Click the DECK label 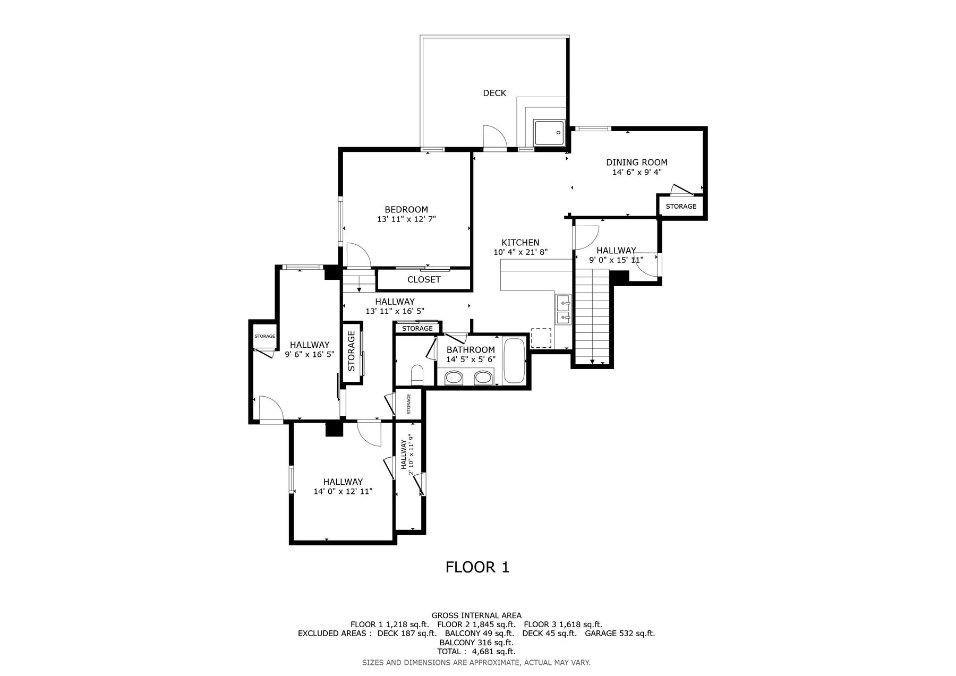(494, 93)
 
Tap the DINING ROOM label (637, 162)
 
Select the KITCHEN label (520, 243)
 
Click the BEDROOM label (406, 210)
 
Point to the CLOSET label (424, 279)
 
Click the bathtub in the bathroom (514, 361)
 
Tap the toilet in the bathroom (417, 374)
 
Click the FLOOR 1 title (477, 567)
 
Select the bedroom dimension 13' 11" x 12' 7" (406, 219)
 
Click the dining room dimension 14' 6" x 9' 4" (637, 172)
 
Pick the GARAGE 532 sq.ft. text (620, 633)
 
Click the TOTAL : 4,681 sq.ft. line (476, 652)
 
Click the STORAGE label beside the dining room (681, 206)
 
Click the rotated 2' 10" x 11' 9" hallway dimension (407, 455)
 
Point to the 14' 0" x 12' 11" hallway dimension (343, 492)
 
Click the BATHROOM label (471, 350)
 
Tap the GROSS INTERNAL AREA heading (476, 615)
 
